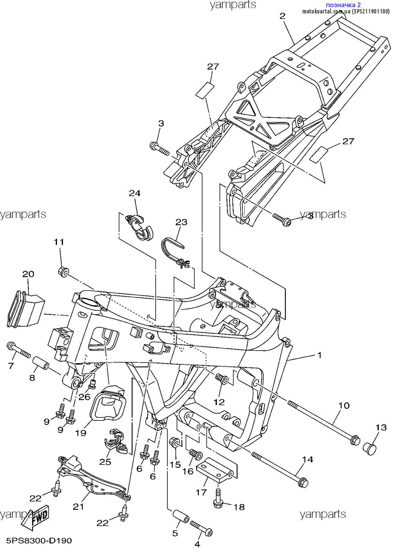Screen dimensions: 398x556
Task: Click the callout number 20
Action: click(x=28, y=274)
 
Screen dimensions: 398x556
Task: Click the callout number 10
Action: click(x=344, y=405)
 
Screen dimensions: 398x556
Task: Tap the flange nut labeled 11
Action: click(x=63, y=272)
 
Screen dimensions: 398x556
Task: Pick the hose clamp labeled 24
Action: click(x=140, y=227)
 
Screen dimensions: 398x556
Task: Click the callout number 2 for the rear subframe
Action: click(x=283, y=16)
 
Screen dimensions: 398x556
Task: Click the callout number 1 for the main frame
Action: click(x=320, y=355)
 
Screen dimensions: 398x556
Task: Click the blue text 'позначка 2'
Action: click(x=343, y=5)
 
